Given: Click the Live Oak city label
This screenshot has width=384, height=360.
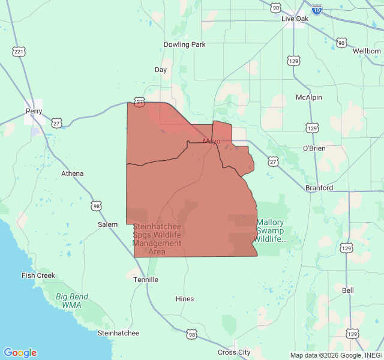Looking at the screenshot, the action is pyautogui.click(x=295, y=19).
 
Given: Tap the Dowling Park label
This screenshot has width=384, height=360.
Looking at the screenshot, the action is pyautogui.click(x=185, y=44).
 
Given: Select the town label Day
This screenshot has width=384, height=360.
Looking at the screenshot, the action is pyautogui.click(x=161, y=70).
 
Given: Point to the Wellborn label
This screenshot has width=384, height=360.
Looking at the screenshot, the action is pyautogui.click(x=367, y=51).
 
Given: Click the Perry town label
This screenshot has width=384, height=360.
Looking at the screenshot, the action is pyautogui.click(x=34, y=112).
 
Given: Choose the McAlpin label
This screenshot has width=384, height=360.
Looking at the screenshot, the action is pyautogui.click(x=309, y=97).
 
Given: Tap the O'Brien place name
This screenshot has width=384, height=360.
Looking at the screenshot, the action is pyautogui.click(x=314, y=148).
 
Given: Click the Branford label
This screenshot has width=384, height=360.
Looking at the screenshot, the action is pyautogui.click(x=319, y=188).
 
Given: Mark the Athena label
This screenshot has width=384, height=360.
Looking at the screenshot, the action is pyautogui.click(x=73, y=173).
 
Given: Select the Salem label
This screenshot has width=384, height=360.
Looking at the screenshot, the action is pyautogui.click(x=108, y=224).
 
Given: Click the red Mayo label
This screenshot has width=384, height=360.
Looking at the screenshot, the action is pyautogui.click(x=211, y=142).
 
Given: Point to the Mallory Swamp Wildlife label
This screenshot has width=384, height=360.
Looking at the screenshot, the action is pyautogui.click(x=270, y=230).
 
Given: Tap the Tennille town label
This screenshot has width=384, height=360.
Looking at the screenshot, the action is pyautogui.click(x=146, y=280).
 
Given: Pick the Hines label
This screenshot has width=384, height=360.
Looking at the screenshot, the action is pyautogui.click(x=185, y=299).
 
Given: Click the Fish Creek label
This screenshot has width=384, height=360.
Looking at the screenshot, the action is pyautogui.click(x=38, y=275).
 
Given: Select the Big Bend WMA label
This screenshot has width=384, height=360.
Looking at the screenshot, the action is pyautogui.click(x=72, y=301).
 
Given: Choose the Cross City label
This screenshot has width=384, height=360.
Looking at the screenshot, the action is pyautogui.click(x=234, y=352).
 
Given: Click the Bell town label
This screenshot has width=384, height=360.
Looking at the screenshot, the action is pyautogui.click(x=348, y=290).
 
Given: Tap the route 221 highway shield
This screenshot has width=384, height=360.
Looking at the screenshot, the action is pyautogui.click(x=19, y=52).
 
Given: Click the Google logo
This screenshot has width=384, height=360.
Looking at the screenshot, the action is pyautogui.click(x=20, y=353).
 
